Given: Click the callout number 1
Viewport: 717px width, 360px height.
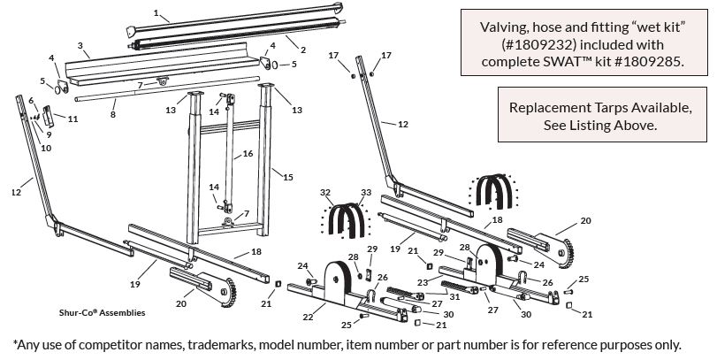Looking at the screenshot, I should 156,13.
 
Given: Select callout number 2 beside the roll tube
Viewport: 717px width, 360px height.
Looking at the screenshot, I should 302,50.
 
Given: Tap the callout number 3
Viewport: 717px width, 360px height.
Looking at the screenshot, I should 80,45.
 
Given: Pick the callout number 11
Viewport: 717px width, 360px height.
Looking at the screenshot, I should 72,118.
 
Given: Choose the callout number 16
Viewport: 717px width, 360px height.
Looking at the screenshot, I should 248,154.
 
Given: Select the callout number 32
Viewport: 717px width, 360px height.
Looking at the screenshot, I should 325,192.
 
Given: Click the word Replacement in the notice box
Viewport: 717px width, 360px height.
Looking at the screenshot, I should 550,108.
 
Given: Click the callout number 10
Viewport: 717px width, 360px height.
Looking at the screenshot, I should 45,148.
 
